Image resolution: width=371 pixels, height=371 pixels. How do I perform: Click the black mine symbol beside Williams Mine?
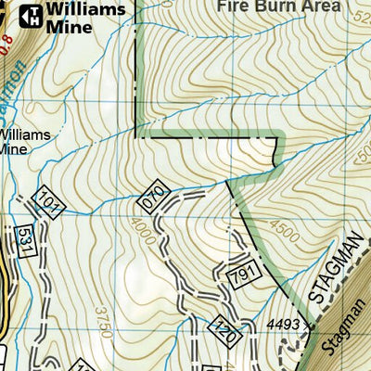pos(31,15)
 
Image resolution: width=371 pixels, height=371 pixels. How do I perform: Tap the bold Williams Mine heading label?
pos(81,18)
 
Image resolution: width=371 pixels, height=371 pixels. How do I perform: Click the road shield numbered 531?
pos(26,240)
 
